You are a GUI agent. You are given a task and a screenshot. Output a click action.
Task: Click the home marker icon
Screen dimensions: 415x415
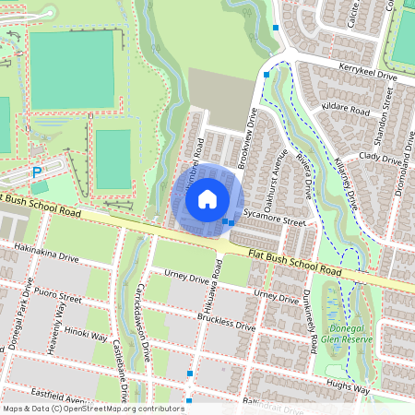(x=207, y=198)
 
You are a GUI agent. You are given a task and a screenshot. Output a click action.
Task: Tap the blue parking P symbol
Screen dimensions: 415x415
(x=37, y=172)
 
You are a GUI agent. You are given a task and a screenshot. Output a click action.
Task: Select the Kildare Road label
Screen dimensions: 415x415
(x=346, y=111)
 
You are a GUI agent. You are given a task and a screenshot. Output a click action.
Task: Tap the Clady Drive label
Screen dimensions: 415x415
(x=382, y=158)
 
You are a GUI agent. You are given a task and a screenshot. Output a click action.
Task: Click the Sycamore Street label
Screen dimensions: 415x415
(x=280, y=221)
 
